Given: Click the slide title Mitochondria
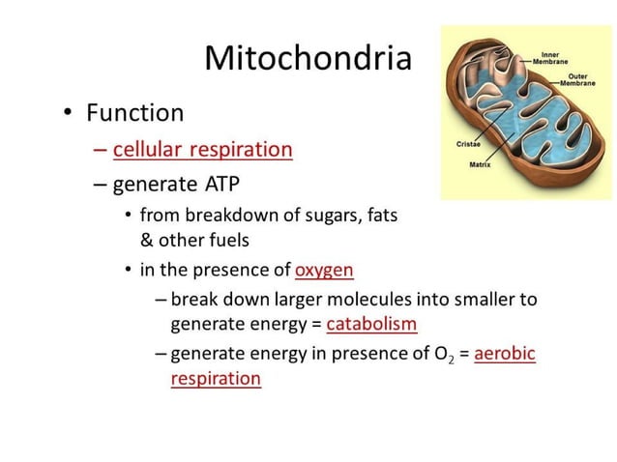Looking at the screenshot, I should tap(308, 60).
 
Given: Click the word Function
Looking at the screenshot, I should tap(134, 113).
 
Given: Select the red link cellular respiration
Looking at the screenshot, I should tap(202, 150).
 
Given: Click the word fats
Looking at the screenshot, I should tap(379, 216).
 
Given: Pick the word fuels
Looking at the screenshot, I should tap(229, 240).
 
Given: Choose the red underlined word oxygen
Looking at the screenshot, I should tap(324, 269).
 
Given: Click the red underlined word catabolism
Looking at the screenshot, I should tap(372, 324).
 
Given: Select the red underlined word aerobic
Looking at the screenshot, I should tap(505, 354).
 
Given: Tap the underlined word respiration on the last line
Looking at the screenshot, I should tap(216, 379).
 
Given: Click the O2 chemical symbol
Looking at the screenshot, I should tap(443, 355).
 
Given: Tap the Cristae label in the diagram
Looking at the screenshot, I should tap(468, 145).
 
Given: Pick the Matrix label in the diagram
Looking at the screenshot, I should tap(480, 165).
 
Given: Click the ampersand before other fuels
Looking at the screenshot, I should tap(147, 240).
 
